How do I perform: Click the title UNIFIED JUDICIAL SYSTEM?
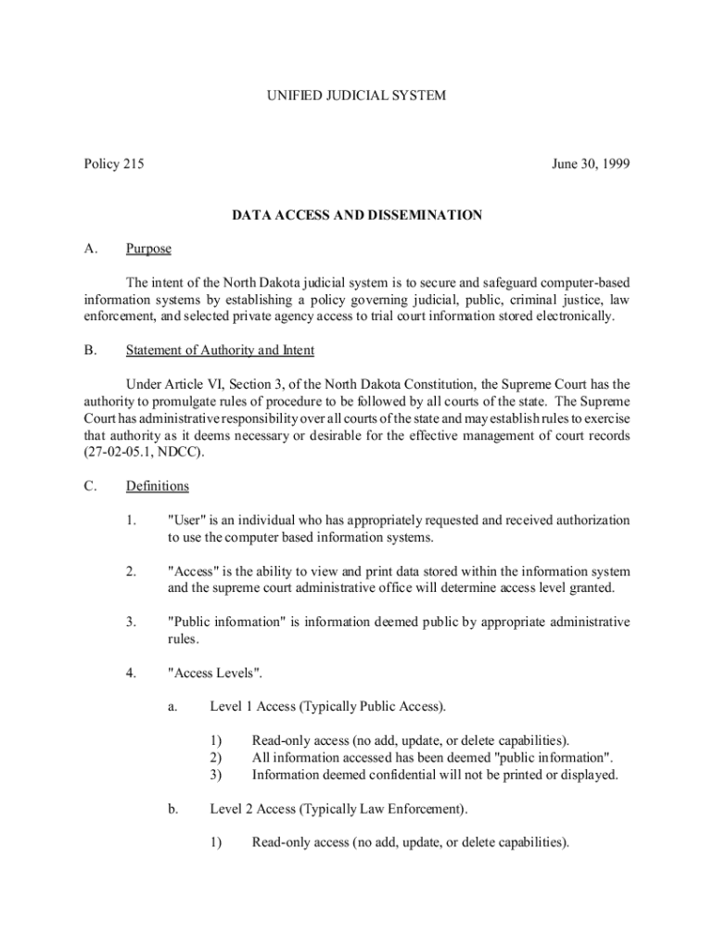coord(357,95)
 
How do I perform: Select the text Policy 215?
coord(113,164)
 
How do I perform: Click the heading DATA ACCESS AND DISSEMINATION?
coord(357,215)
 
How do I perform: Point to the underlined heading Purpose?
coord(148,249)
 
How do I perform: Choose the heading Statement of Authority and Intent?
coord(220,350)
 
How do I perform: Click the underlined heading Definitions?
coord(157,486)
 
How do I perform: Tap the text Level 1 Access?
coord(252,707)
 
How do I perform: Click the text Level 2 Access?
coord(252,809)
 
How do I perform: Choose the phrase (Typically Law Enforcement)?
coord(383,809)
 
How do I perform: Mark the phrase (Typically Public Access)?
coord(372,707)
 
